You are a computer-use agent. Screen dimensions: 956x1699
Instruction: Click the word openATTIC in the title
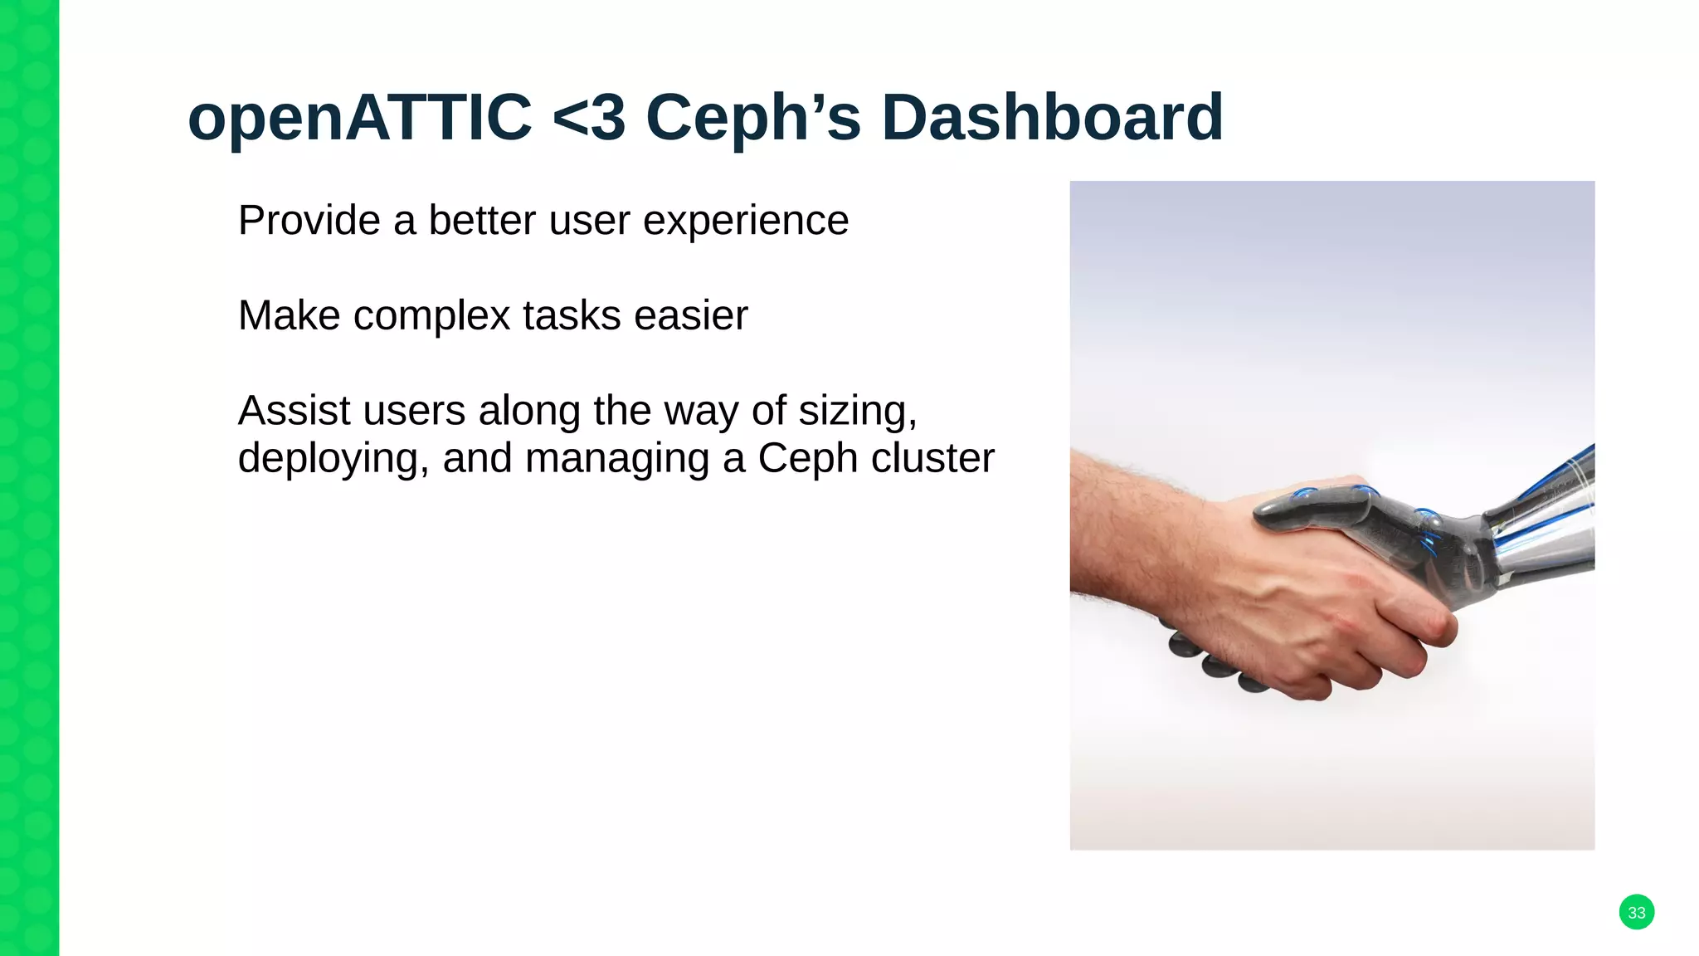coord(359,118)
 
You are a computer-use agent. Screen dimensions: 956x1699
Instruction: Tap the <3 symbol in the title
coord(588,118)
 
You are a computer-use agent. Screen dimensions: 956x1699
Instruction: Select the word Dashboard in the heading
coord(1052,118)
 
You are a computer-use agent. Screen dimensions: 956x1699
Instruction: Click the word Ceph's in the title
coord(753,118)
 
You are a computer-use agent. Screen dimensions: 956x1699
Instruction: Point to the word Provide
coord(309,221)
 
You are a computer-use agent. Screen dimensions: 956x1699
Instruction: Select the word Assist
coord(294,411)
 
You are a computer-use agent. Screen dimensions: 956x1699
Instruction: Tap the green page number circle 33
coord(1636,912)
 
